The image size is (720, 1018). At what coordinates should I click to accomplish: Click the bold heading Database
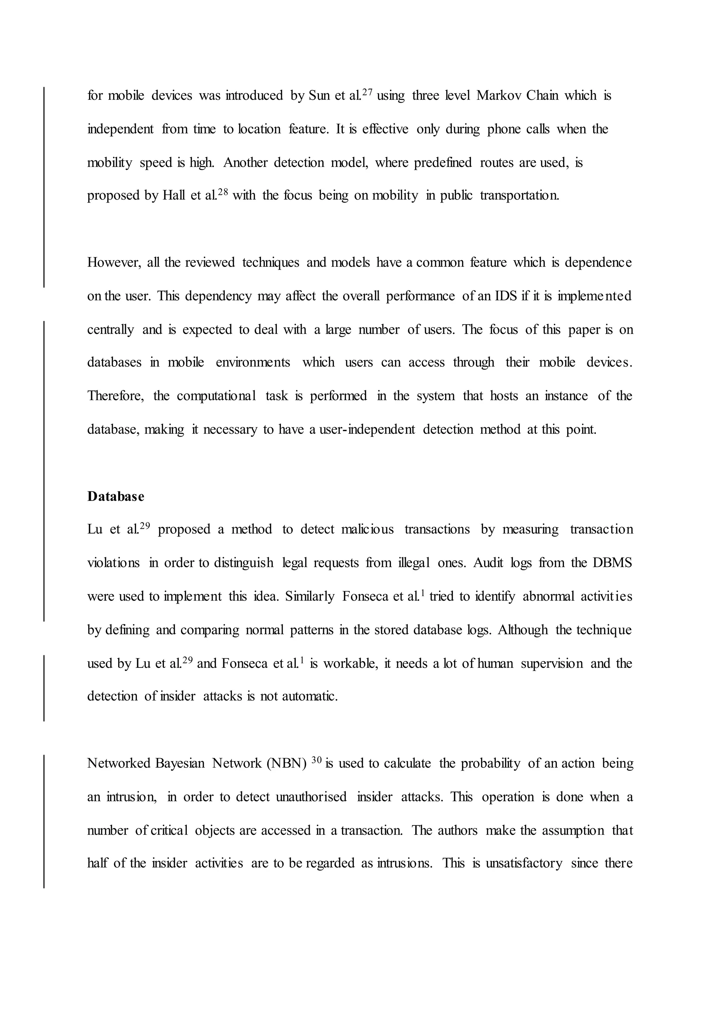click(116, 497)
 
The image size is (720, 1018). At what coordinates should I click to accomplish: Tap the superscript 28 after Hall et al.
click(222, 192)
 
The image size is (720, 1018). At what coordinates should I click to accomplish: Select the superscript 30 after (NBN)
click(316, 760)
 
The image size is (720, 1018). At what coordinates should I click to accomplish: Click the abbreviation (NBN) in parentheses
click(287, 763)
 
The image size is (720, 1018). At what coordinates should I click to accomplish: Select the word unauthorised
click(311, 797)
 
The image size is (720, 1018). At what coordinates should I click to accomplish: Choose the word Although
click(523, 630)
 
